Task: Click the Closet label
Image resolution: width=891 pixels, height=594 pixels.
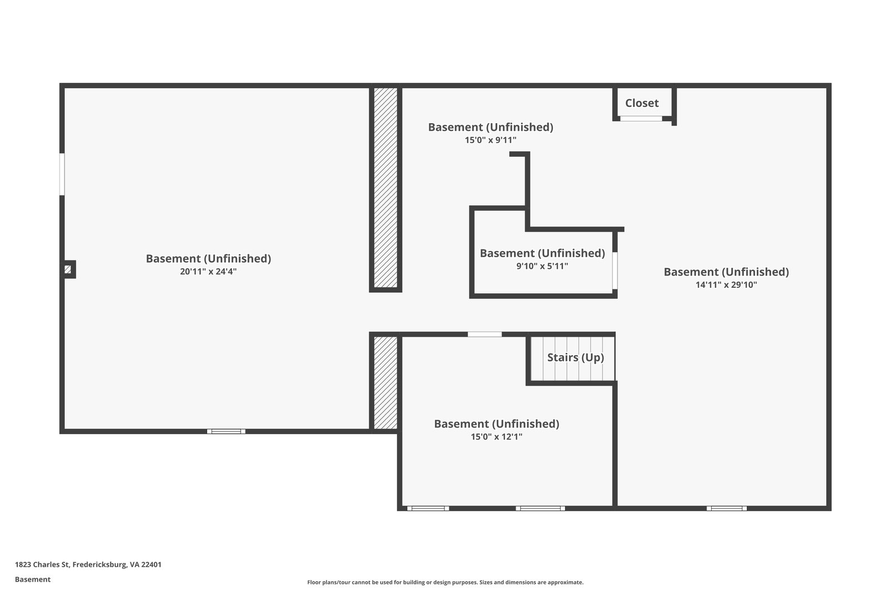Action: (642, 103)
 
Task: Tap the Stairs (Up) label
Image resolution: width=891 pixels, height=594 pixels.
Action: (575, 357)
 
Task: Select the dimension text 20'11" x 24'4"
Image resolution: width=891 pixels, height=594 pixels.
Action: (208, 272)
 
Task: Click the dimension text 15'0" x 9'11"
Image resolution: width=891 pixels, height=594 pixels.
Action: (491, 140)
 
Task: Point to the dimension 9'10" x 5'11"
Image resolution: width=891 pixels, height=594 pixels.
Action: (542, 266)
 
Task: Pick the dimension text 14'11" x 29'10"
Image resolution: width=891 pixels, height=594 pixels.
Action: (726, 285)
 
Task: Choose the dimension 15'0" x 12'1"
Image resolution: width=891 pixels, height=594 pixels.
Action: (496, 437)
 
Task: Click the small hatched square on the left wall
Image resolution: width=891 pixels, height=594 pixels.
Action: (68, 269)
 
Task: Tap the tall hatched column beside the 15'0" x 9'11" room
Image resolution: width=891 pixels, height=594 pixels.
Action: (385, 188)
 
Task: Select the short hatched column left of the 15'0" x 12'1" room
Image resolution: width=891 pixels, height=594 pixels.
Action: (385, 383)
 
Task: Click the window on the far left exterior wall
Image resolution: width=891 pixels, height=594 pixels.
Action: (62, 174)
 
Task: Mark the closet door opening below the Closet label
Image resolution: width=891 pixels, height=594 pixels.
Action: (641, 119)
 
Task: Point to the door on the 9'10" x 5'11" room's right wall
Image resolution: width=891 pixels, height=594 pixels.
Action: (615, 271)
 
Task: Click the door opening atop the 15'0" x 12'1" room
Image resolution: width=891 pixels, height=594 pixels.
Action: (484, 335)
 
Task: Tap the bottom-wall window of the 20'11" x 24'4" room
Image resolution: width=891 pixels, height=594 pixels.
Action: (226, 431)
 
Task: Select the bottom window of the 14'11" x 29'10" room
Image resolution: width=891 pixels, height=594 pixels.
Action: (727, 508)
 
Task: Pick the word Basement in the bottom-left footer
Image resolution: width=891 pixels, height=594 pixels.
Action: (33, 580)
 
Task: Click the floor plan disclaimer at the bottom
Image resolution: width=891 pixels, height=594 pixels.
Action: (445, 582)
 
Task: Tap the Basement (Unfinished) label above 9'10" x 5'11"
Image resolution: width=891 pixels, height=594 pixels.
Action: (542, 253)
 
